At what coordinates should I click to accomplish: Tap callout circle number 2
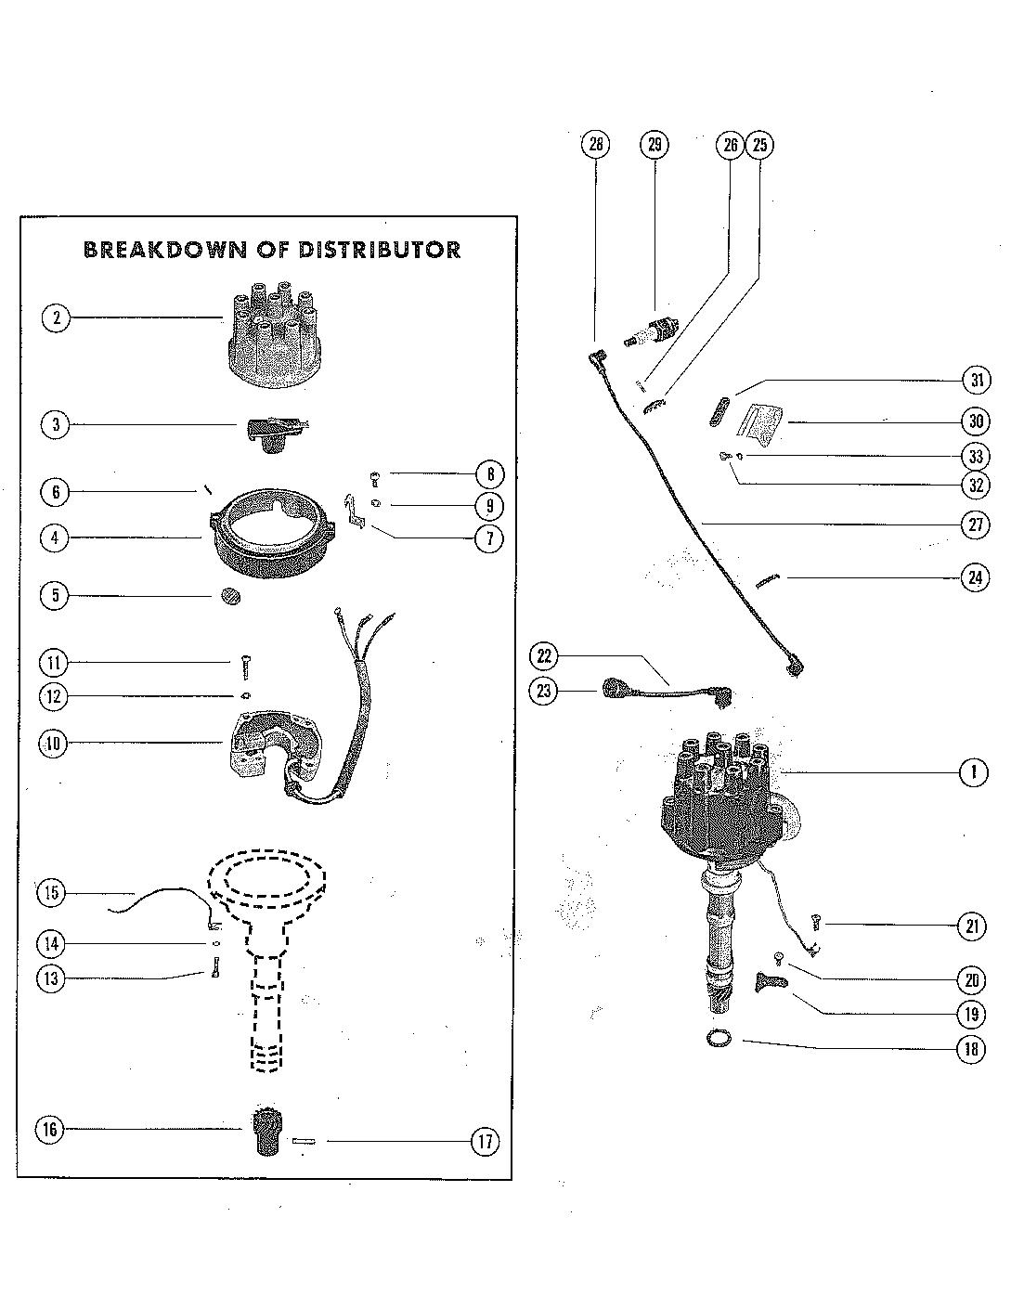coord(56,318)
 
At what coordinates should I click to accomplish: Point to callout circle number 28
coord(595,144)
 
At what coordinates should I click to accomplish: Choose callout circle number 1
coord(973,771)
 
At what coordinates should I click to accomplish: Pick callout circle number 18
coord(971,1049)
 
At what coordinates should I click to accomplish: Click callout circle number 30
coord(975,421)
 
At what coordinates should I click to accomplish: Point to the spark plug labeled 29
coord(654,330)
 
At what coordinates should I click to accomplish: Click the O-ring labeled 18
coord(717,1038)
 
